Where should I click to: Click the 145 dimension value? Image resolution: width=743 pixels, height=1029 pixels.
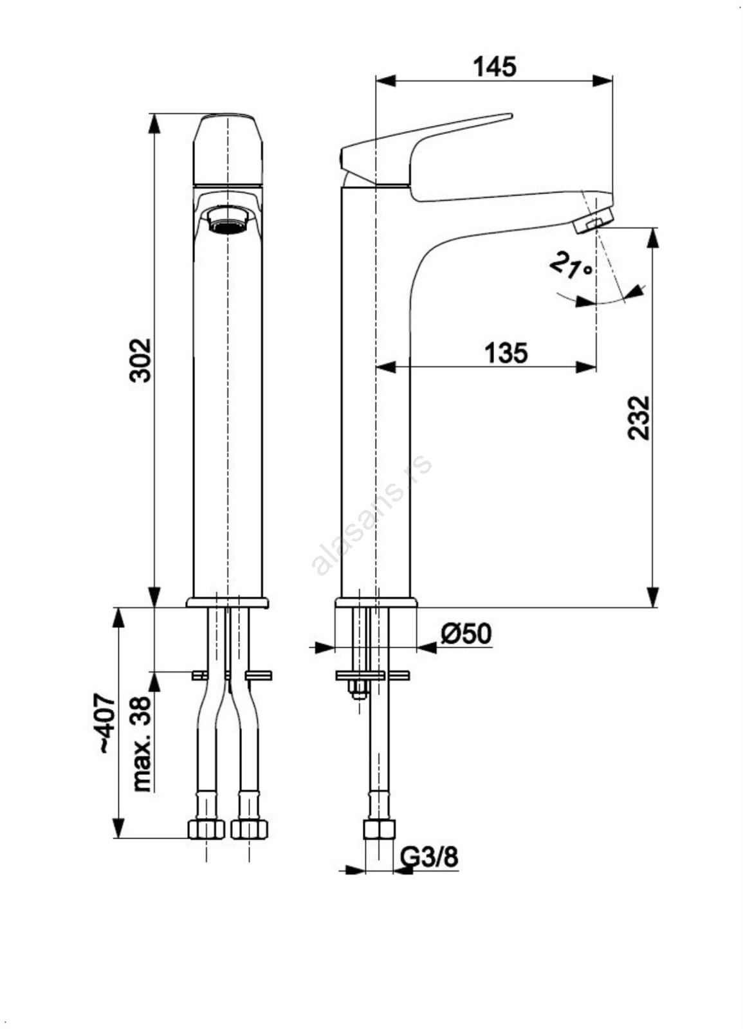tap(494, 66)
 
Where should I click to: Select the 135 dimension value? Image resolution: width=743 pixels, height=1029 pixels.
tap(506, 352)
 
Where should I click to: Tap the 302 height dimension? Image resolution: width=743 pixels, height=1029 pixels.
tap(140, 360)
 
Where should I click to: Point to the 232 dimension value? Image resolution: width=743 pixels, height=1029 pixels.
tap(639, 418)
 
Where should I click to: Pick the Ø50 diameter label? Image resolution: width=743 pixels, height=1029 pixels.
tap(466, 634)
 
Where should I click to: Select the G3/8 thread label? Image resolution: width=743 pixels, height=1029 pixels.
tap(430, 857)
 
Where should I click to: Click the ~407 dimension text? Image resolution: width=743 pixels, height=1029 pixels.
tap(104, 723)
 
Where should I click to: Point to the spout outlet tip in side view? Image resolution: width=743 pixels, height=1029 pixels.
tap(593, 220)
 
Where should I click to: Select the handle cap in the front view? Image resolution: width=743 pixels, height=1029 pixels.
tap(228, 149)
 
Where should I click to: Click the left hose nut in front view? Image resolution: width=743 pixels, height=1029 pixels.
tap(206, 829)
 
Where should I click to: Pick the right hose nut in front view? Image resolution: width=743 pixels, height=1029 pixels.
tap(249, 829)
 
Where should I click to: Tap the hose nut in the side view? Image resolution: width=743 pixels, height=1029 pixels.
tap(378, 829)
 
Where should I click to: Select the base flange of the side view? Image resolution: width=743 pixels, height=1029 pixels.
tap(376, 603)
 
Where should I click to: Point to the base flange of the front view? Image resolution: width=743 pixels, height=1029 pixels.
tap(228, 603)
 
